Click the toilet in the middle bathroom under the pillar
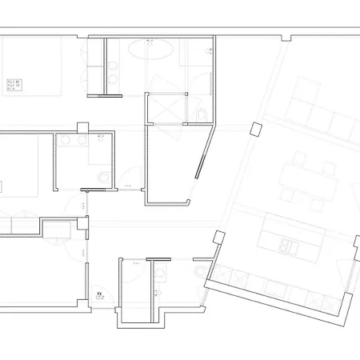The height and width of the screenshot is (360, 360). [102, 175]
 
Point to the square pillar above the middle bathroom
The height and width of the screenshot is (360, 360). [83, 128]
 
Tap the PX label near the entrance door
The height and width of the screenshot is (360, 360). [100, 295]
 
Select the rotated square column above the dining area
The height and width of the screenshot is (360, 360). [255, 128]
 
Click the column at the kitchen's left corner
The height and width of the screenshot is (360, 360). [218, 238]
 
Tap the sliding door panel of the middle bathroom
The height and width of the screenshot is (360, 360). [97, 190]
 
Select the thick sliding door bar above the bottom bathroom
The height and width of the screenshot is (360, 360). [160, 258]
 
